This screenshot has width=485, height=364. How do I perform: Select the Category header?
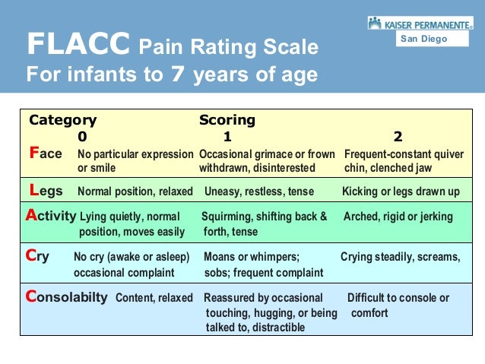(62, 120)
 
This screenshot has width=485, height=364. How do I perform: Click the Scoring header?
(227, 120)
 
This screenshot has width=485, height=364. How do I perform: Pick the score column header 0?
(82, 137)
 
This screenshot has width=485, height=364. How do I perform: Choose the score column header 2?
(398, 137)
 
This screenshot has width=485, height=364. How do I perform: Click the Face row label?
(46, 154)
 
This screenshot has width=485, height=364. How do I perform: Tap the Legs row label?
(46, 191)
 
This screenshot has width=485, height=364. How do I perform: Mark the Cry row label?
(37, 257)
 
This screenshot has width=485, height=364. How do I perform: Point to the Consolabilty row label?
(66, 297)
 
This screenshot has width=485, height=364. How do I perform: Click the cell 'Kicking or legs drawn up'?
(401, 191)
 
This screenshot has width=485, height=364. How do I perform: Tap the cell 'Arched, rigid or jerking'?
(398, 217)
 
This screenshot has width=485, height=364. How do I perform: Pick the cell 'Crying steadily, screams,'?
(400, 257)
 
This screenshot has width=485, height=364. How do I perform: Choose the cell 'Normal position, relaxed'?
(135, 191)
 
